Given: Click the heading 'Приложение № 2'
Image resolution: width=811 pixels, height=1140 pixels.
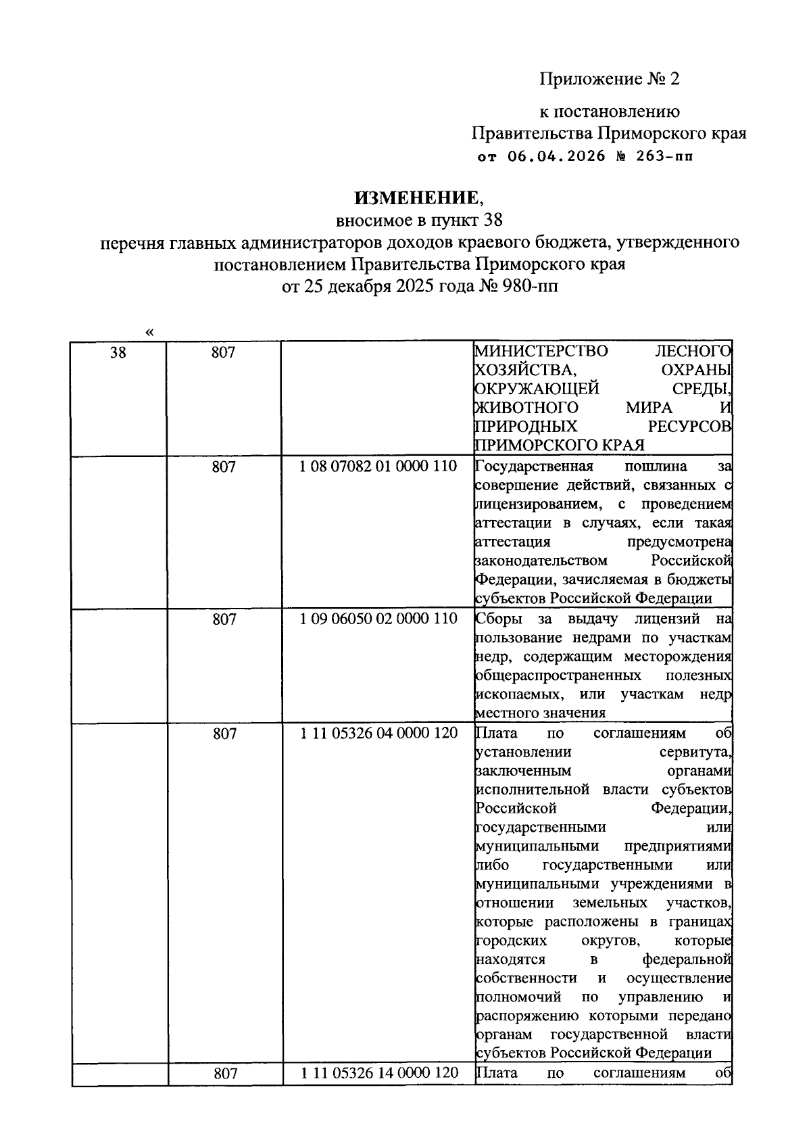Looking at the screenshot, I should pyautogui.click(x=608, y=79).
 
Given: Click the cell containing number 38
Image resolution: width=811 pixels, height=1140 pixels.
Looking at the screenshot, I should pyautogui.click(x=118, y=353).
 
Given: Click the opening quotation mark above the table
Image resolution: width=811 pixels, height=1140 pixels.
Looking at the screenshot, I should pyautogui.click(x=149, y=332).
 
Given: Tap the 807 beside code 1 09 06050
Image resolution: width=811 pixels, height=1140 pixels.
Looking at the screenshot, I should pyautogui.click(x=224, y=619).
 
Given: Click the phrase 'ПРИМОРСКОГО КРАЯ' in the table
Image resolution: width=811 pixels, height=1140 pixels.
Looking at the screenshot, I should pyautogui.click(x=559, y=445).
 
